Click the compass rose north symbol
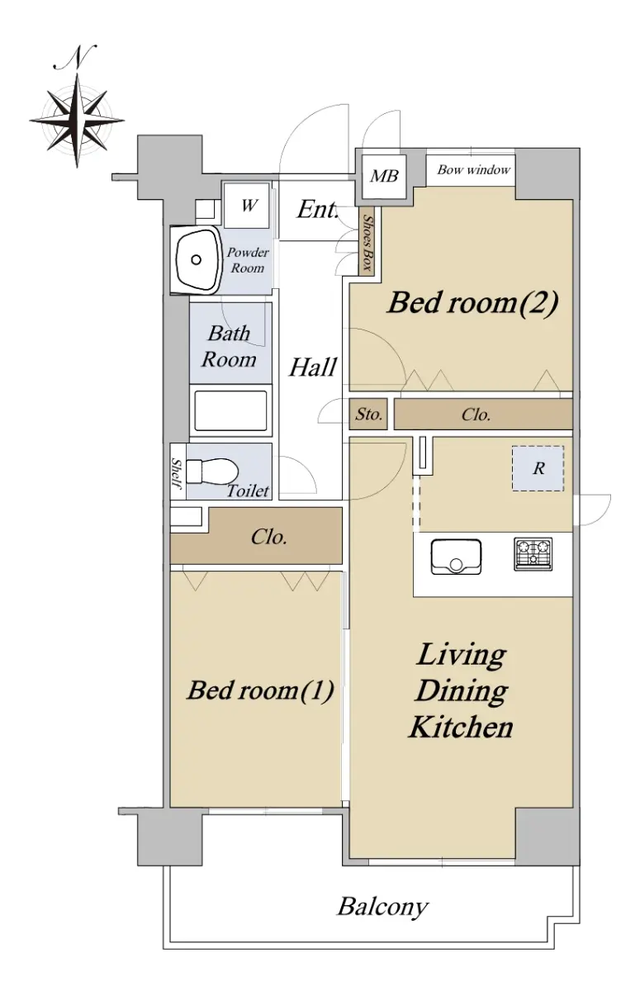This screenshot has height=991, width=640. tap(77, 120)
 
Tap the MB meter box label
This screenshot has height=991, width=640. tap(384, 177)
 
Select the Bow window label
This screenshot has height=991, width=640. tap(474, 170)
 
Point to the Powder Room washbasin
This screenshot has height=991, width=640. tap(197, 260)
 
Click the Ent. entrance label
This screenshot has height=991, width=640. tap(318, 210)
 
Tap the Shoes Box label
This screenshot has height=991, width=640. tap(367, 243)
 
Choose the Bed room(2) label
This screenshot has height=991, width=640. tap(472, 304)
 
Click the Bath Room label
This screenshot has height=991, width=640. tap(229, 346)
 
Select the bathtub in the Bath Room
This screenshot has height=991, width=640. tap(230, 410)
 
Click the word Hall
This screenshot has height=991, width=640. tap(313, 367)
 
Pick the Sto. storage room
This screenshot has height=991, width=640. tap(368, 415)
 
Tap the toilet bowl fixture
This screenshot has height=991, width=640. tap(212, 472)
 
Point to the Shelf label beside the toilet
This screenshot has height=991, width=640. tap(177, 473)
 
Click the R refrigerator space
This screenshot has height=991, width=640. tap(538, 468)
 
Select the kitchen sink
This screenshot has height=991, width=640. tap(456, 557)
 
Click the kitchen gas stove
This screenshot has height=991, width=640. tap(533, 553)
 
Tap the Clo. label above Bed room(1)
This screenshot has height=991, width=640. tap(269, 537)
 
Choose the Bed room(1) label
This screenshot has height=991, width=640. tap(260, 690)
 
